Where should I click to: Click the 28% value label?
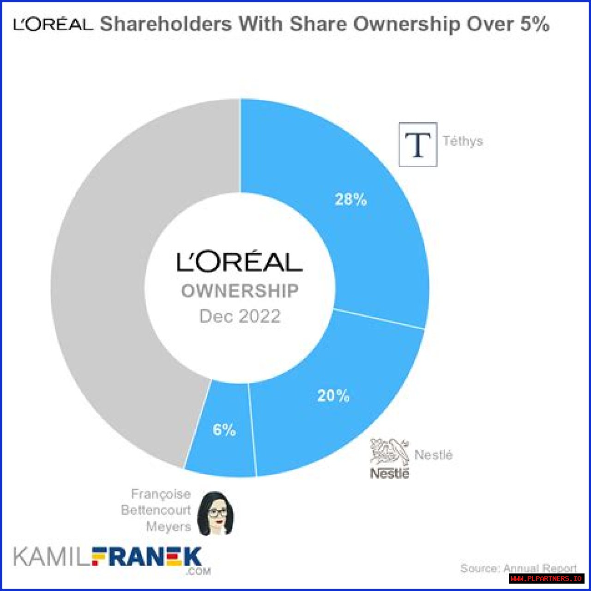(x=351, y=199)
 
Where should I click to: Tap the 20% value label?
(x=333, y=396)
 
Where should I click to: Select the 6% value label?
(x=224, y=430)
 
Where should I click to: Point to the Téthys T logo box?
(x=418, y=144)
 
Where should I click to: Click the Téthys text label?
(x=463, y=141)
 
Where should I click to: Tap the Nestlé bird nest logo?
(x=390, y=452)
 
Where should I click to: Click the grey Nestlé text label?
(x=434, y=455)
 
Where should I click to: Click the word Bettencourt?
(x=156, y=510)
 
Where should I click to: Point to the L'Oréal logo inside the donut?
(x=240, y=262)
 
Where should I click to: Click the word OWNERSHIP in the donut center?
(x=240, y=291)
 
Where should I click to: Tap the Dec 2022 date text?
(x=240, y=316)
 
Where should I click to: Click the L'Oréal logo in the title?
(x=53, y=24)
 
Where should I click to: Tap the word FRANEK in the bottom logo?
(x=147, y=557)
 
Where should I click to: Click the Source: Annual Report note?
(x=519, y=568)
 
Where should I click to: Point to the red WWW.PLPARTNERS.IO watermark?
(x=547, y=579)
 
